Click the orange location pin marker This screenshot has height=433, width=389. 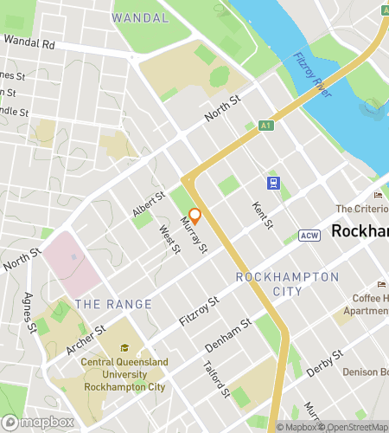click(x=195, y=216)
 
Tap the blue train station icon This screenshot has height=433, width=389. click(x=273, y=183)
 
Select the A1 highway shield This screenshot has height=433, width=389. click(x=267, y=126)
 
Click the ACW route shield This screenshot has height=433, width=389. click(x=309, y=236)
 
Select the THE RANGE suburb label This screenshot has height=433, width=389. click(x=113, y=304)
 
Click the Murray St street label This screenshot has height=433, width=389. click(x=194, y=236)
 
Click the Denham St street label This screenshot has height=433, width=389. click(x=228, y=334)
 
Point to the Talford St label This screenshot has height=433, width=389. click(x=219, y=382)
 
